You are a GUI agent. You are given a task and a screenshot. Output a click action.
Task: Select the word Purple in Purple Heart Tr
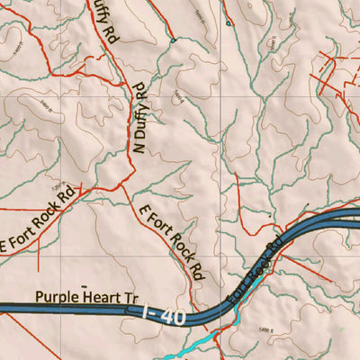point(55,295)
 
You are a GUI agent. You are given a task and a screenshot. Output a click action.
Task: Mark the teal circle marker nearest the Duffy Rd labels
point(172,40)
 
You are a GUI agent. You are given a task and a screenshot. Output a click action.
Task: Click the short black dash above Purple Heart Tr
point(85,283)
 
